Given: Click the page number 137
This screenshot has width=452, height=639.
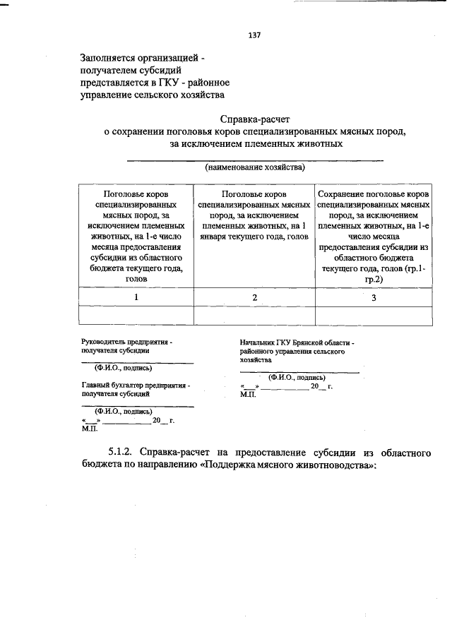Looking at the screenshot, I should [255, 35].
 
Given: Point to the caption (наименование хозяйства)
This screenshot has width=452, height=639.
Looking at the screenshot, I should [255, 168].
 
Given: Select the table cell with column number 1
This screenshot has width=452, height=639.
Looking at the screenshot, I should [136, 297].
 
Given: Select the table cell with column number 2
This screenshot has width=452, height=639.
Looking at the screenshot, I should [254, 297].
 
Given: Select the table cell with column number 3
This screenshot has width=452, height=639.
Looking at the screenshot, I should [374, 297].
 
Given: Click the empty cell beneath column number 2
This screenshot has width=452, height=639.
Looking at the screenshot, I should [254, 315].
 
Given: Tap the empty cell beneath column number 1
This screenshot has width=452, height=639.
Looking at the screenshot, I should [136, 315].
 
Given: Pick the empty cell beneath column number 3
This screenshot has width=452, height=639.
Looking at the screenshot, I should [374, 315].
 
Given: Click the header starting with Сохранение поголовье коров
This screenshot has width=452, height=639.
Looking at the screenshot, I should [374, 193].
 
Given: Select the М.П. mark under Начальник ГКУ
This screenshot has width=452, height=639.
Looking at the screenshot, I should [248, 395].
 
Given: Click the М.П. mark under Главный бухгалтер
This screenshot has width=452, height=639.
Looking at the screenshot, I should [90, 429].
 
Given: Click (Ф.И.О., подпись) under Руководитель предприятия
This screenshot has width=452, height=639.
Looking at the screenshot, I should [118, 368].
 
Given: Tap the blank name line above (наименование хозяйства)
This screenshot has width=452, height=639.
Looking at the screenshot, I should [255, 160].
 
